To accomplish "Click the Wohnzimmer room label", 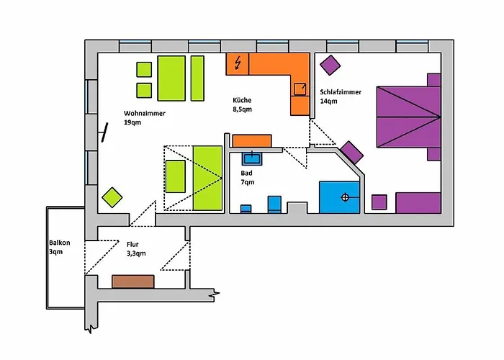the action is point(145,114).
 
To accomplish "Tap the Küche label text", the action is point(242,100).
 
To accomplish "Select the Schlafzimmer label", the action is point(341,92).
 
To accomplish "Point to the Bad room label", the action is point(246,174).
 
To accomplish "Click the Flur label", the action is point(132,244).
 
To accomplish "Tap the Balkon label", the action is point(60,243).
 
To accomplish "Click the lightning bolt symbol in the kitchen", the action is point(238,63).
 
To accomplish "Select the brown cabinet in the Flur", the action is point(133,282).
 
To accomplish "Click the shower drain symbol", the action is point(345,197).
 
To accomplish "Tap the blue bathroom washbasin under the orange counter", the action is point(252,159).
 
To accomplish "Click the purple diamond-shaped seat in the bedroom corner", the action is point(330,66).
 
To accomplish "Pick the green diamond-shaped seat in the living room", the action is point(112,197).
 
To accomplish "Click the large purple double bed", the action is point(408,117).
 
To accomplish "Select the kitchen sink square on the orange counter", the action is point(300,89).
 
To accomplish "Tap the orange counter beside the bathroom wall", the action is point(252,141).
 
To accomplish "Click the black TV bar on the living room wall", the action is point(104,132).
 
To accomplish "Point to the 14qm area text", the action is point(328,102).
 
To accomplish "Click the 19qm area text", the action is point(132,122).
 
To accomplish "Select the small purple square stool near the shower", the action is point(379,202).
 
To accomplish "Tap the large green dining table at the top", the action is point(171,78).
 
